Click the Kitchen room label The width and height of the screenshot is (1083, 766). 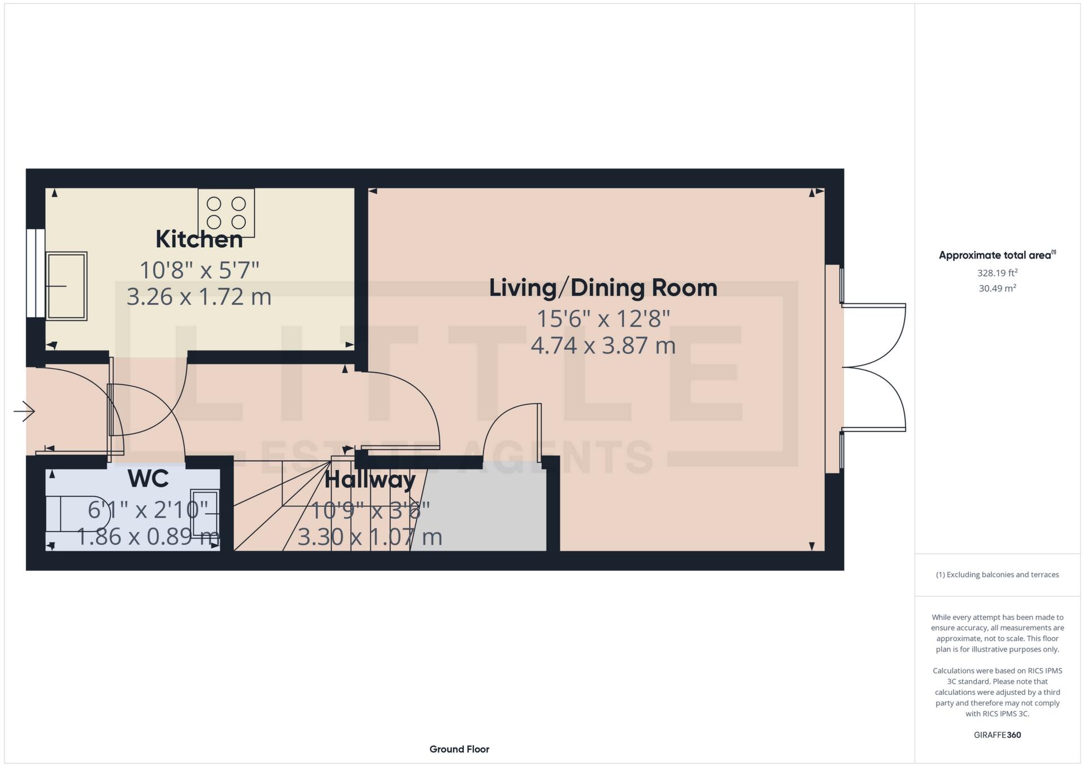(x=199, y=239)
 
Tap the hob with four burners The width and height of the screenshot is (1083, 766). (x=226, y=212)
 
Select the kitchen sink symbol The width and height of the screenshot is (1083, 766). (x=67, y=286)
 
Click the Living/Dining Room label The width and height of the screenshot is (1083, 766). (x=602, y=288)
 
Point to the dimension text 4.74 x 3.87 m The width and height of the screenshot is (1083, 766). (x=602, y=345)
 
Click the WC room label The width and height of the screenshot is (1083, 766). (x=148, y=479)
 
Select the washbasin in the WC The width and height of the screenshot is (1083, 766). (x=203, y=513)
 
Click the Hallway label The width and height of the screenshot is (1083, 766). (x=370, y=480)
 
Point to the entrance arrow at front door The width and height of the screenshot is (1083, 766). (x=24, y=411)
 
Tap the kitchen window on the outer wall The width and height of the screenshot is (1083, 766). (x=35, y=273)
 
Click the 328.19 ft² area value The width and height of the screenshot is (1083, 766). (x=997, y=273)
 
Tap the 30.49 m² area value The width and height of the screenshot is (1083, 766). (x=997, y=288)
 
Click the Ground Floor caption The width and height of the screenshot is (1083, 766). (x=459, y=749)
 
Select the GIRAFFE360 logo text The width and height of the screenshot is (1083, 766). (x=997, y=735)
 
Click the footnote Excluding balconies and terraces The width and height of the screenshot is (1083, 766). (x=997, y=575)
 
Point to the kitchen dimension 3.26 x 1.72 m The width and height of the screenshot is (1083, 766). (x=199, y=297)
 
